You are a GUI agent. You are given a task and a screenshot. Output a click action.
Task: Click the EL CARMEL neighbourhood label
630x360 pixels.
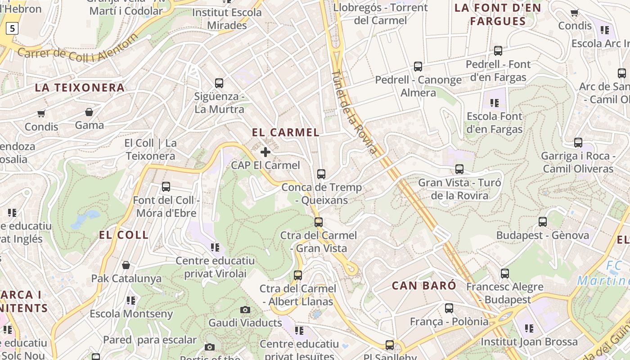pyautogui.click(x=286, y=132)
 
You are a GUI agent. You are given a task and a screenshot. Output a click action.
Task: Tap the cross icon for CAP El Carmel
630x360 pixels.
pyautogui.click(x=265, y=152)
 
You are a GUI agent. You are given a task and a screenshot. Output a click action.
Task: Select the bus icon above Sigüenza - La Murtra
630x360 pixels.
pyautogui.click(x=219, y=83)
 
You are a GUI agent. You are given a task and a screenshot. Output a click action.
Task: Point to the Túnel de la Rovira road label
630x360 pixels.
pyautogui.click(x=354, y=112)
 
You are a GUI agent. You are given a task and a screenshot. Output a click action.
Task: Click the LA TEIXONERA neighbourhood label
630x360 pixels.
pyautogui.click(x=80, y=88)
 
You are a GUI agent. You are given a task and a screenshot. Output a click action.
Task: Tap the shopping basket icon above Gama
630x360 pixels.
pyautogui.click(x=89, y=112)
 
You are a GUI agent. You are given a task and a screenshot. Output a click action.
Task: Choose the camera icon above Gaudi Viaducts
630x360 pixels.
pyautogui.click(x=245, y=310)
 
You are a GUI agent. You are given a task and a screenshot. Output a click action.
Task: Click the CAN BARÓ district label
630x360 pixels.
pyautogui.click(x=424, y=285)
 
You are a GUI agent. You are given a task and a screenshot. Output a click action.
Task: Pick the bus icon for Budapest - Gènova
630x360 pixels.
pyautogui.click(x=543, y=221)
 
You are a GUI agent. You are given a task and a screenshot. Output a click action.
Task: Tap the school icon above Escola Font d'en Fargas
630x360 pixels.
pyautogui.click(x=495, y=103)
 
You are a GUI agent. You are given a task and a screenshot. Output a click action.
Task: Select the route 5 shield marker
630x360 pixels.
pyautogui.click(x=12, y=29)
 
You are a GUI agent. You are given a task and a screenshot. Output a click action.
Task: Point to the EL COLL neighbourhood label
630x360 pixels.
pyautogui.click(x=124, y=234)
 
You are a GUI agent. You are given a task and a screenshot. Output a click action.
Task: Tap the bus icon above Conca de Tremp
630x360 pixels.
pyautogui.click(x=321, y=174)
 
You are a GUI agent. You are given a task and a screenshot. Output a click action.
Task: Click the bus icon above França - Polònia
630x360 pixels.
pyautogui.click(x=449, y=308)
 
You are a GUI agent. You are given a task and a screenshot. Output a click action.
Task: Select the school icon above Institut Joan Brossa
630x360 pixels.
pyautogui.click(x=529, y=328)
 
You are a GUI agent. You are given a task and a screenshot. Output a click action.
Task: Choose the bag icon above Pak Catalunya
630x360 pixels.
pyautogui.click(x=126, y=265)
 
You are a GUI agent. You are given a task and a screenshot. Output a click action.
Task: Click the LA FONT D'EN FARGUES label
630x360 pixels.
pyautogui.click(x=498, y=14)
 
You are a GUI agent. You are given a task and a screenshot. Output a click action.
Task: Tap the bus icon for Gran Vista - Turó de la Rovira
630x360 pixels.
pyautogui.click(x=459, y=169)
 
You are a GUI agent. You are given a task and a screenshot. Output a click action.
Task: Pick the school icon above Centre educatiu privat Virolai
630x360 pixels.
pyautogui.click(x=215, y=247)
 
